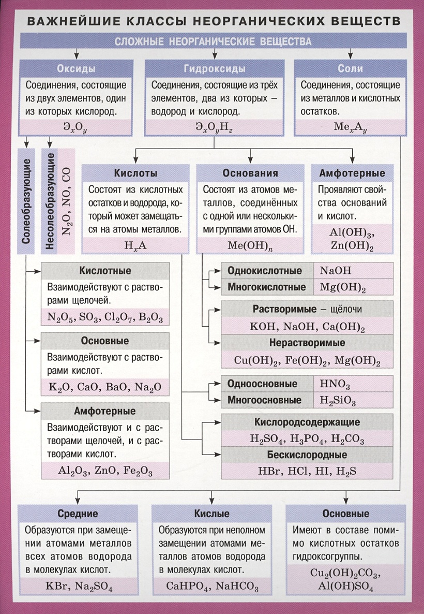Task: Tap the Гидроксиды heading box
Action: pyautogui.click(x=214, y=68)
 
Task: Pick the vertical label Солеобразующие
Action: pyautogui.click(x=26, y=202)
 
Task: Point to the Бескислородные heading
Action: pyautogui.click(x=307, y=455)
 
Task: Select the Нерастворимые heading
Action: pyautogui.click(x=307, y=343)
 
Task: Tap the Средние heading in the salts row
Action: pyautogui.click(x=79, y=514)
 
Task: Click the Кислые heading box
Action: pyautogui.click(x=211, y=514)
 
